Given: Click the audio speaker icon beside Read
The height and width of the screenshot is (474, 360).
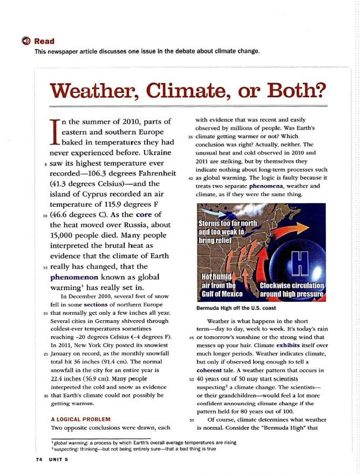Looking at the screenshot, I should pyautogui.click(x=25, y=42).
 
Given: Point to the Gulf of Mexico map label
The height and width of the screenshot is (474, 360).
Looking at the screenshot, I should pyautogui.click(x=221, y=294).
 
